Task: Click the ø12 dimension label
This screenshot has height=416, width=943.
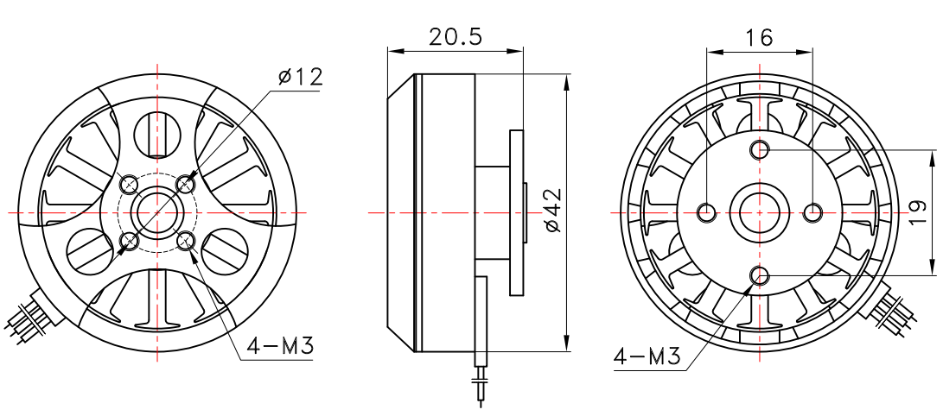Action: pos(300,77)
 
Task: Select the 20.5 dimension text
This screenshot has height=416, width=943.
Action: pos(456,36)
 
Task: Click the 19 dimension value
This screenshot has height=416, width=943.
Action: pos(918,212)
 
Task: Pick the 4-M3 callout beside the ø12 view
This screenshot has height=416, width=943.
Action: pos(279,346)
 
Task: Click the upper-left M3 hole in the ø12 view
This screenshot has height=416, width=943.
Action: pos(130,184)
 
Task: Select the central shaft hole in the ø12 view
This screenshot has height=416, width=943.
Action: pos(158,211)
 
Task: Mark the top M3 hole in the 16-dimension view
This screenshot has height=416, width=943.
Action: pos(760,150)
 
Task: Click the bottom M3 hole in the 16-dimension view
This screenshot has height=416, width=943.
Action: pos(760,275)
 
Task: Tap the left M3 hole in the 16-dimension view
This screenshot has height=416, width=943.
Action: pos(707,211)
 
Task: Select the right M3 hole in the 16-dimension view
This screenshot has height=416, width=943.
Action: pos(812,211)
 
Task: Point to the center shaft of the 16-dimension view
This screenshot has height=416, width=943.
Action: pos(760,211)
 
